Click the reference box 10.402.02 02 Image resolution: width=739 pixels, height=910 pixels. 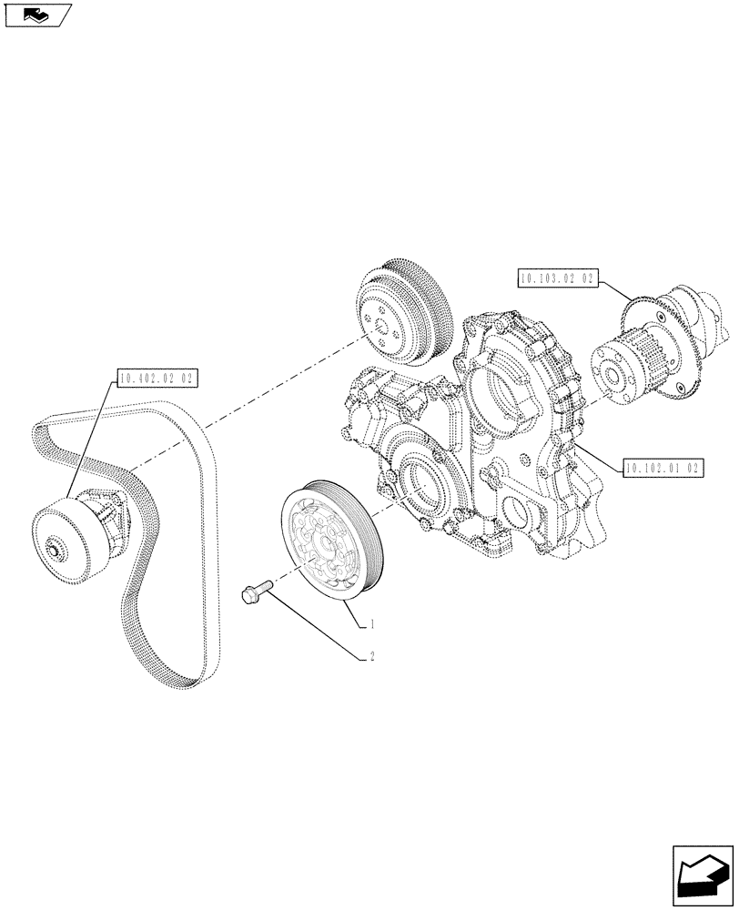(x=158, y=376)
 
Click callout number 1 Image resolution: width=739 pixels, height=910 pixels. (x=372, y=625)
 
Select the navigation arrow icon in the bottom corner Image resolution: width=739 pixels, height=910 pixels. (x=703, y=875)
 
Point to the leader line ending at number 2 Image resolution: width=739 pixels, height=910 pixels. (x=319, y=628)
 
